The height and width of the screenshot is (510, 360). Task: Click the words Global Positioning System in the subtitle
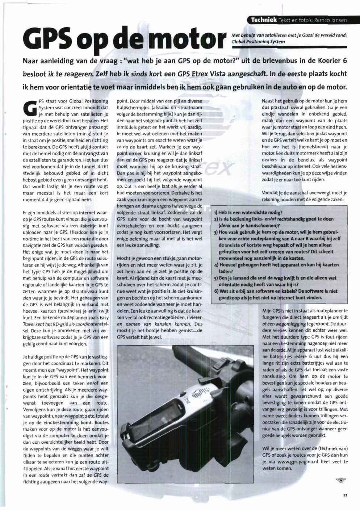pos(258,42)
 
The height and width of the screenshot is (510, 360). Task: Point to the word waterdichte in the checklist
pos(252,212)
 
